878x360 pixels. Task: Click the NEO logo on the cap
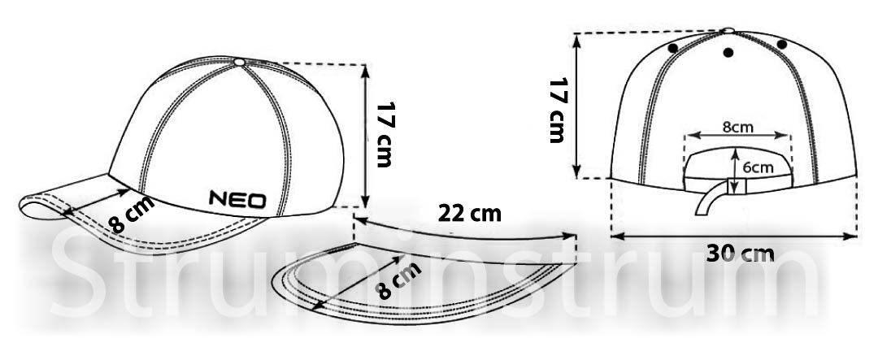(237, 199)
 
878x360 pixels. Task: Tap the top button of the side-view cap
(240, 62)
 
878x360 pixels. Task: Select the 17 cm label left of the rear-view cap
(559, 111)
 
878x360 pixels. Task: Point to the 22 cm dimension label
(469, 213)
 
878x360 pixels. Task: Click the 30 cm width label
(740, 254)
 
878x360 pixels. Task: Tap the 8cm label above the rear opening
(737, 127)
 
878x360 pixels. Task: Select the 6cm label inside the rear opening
(758, 167)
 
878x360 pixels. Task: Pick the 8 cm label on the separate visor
(398, 280)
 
